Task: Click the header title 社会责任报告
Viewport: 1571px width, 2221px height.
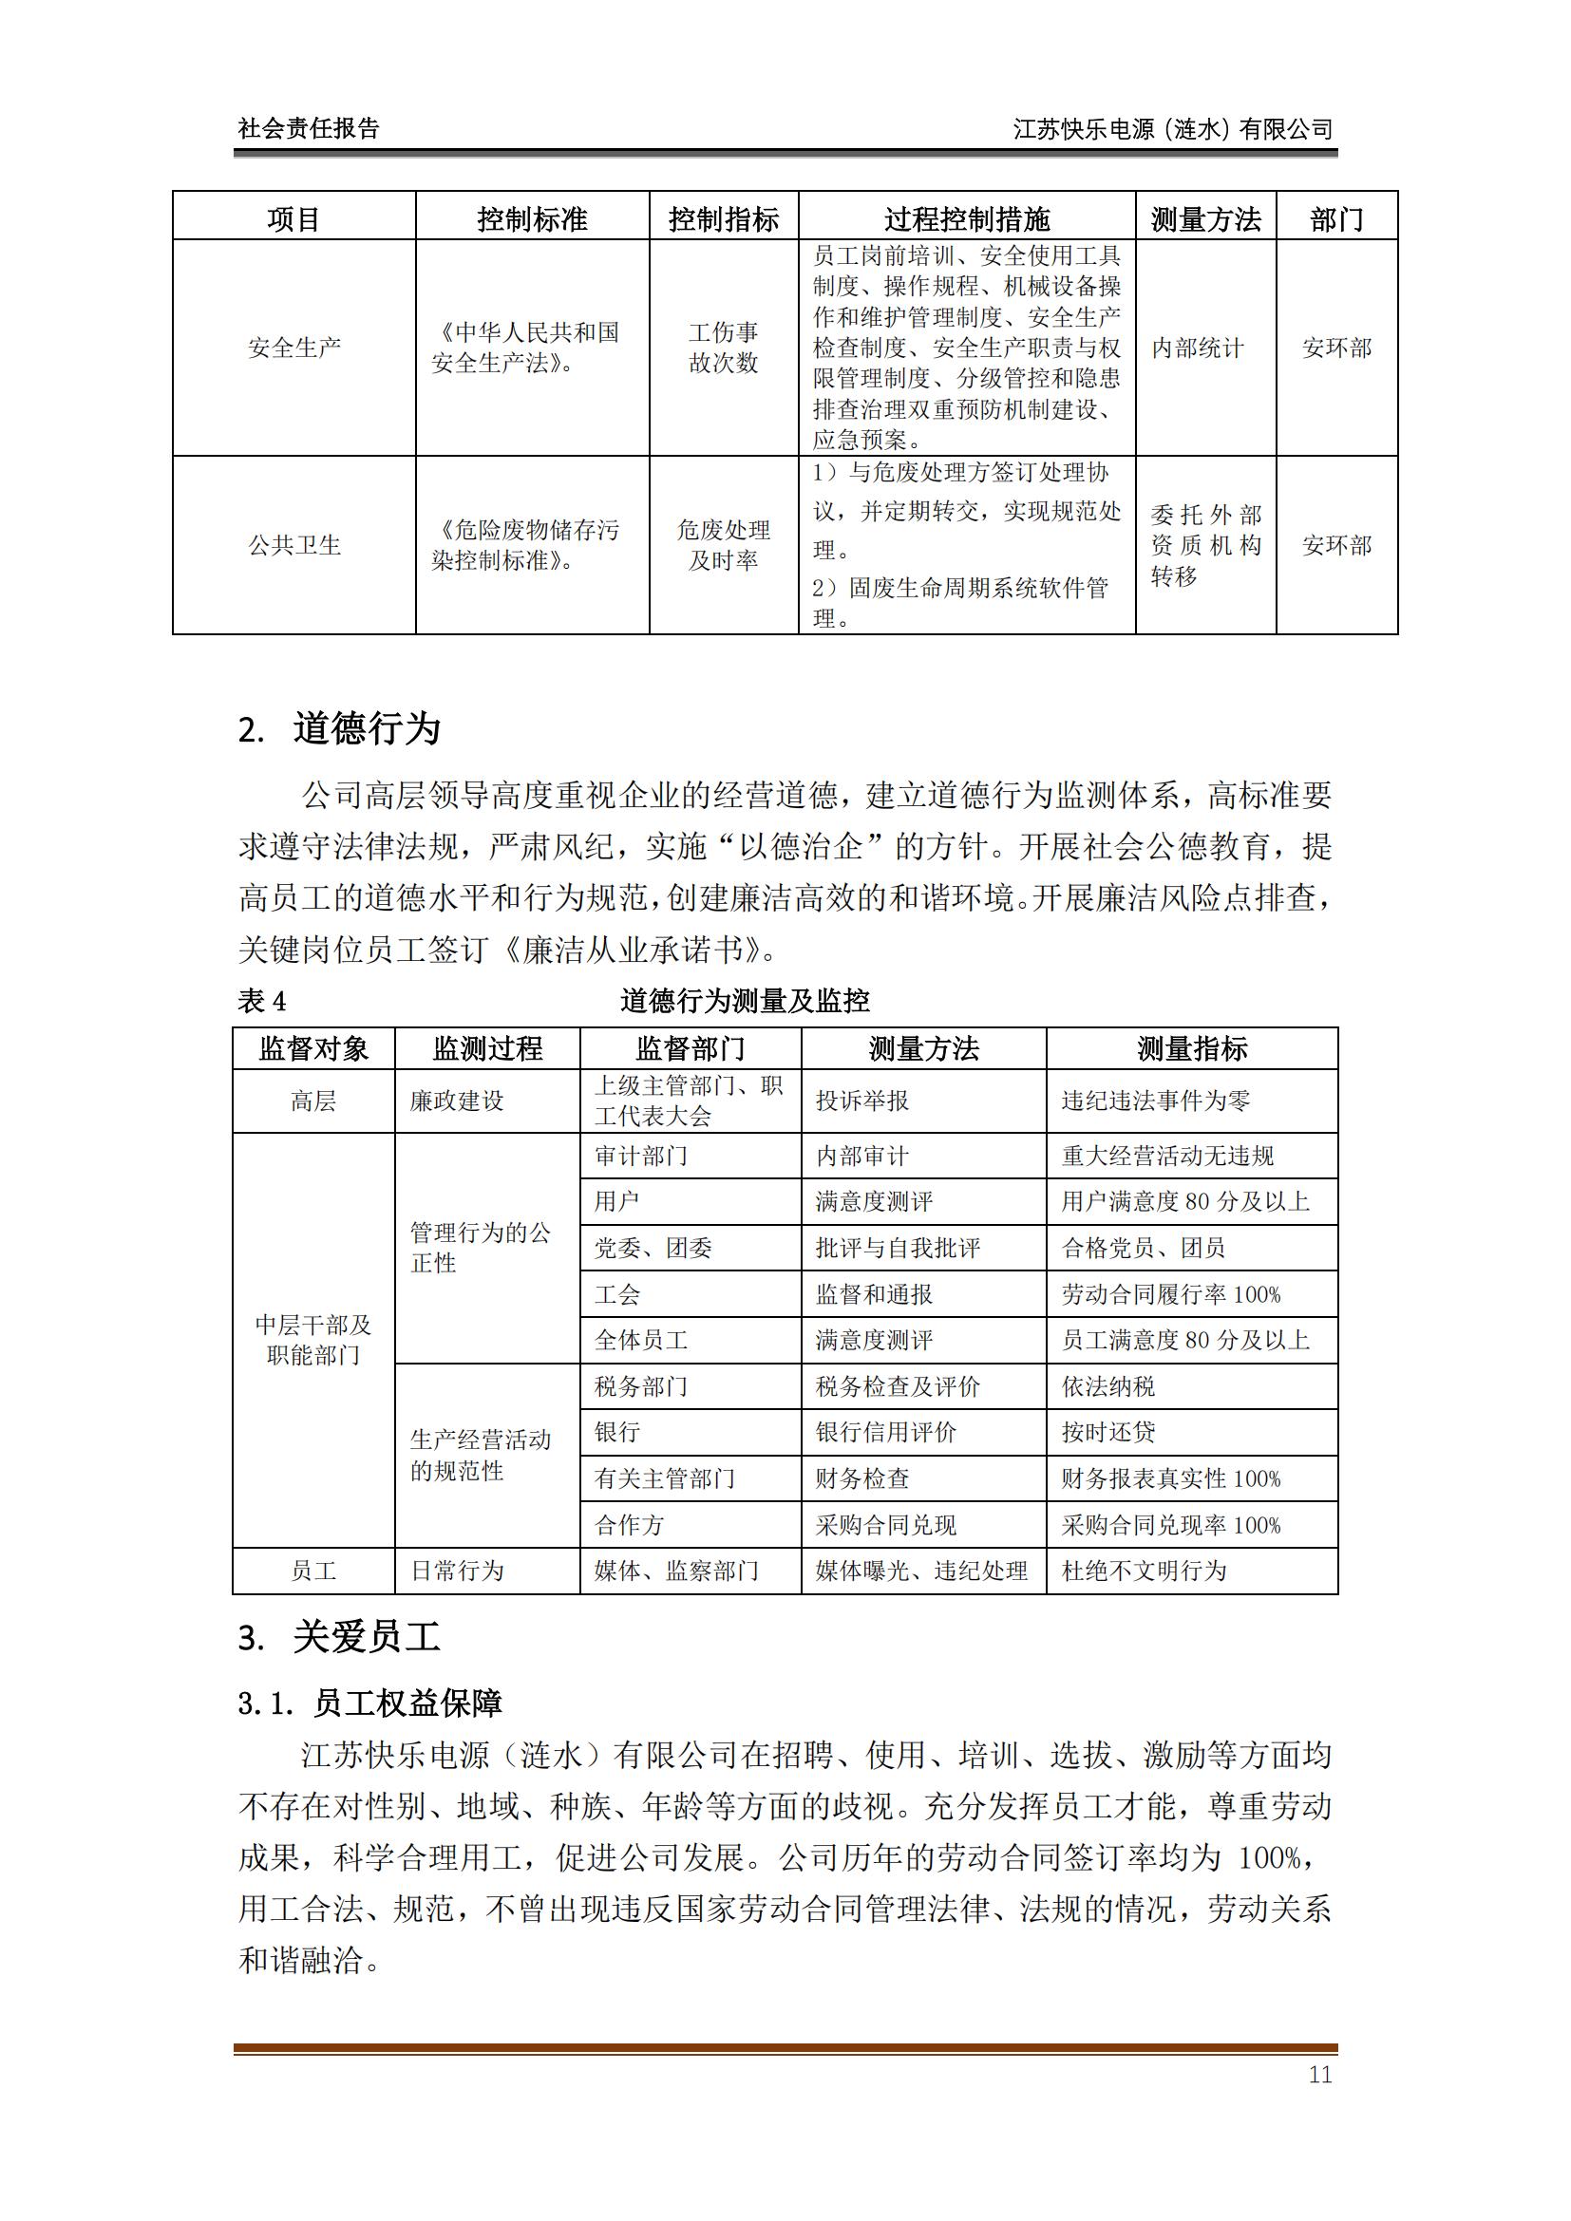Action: pos(309,128)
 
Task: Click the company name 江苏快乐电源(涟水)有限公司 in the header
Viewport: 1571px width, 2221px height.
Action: pos(1172,128)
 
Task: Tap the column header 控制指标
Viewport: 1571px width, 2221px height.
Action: pos(724,219)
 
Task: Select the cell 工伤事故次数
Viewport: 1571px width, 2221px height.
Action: pos(724,348)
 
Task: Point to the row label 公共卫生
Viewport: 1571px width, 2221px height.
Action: pos(294,546)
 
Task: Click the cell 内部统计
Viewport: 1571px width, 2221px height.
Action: pos(1198,348)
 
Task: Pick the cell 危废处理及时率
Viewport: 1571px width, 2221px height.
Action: pos(724,546)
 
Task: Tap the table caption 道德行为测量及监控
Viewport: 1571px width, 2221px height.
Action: pos(745,1001)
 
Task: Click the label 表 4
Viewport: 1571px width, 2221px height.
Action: pos(262,1001)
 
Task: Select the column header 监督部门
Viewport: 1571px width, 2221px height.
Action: pos(691,1048)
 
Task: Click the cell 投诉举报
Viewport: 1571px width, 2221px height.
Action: pos(861,1101)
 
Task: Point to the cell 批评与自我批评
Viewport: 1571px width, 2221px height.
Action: pos(898,1248)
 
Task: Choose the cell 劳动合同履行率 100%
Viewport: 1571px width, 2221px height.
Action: pos(1170,1294)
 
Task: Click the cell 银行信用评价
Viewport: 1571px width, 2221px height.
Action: pos(885,1433)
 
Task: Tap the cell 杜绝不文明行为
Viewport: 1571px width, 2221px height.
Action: pos(1144,1571)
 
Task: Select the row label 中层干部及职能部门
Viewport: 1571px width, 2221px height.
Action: pos(313,1340)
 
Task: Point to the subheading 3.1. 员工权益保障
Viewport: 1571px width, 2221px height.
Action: pos(369,1703)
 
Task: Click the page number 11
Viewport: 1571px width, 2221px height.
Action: pos(1319,2074)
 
